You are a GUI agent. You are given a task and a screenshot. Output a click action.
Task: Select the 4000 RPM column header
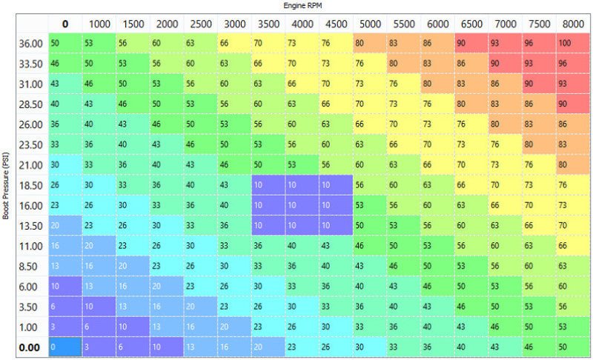[x=303, y=24]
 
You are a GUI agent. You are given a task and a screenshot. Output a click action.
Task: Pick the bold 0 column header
[x=65, y=24]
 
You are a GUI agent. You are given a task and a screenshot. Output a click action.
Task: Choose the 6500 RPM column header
[x=472, y=24]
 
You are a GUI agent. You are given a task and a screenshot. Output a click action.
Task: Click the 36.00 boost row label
[x=30, y=44]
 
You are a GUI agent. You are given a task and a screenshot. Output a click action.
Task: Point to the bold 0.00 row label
[x=30, y=347]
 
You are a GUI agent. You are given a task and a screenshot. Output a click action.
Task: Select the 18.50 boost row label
[x=30, y=184]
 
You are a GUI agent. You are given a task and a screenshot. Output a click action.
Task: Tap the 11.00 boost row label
[x=30, y=245]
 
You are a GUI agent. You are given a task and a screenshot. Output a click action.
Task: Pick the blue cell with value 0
[x=65, y=347]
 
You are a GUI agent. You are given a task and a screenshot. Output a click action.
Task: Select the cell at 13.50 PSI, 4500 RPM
[x=337, y=225]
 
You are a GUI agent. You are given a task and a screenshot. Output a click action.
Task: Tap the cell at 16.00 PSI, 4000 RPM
[x=303, y=205]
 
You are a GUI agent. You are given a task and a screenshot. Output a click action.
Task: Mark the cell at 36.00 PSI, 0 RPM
[x=65, y=44]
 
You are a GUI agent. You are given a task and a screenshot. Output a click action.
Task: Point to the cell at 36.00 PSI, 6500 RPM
[x=472, y=44]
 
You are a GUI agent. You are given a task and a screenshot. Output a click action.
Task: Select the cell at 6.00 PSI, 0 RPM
[x=65, y=286]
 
